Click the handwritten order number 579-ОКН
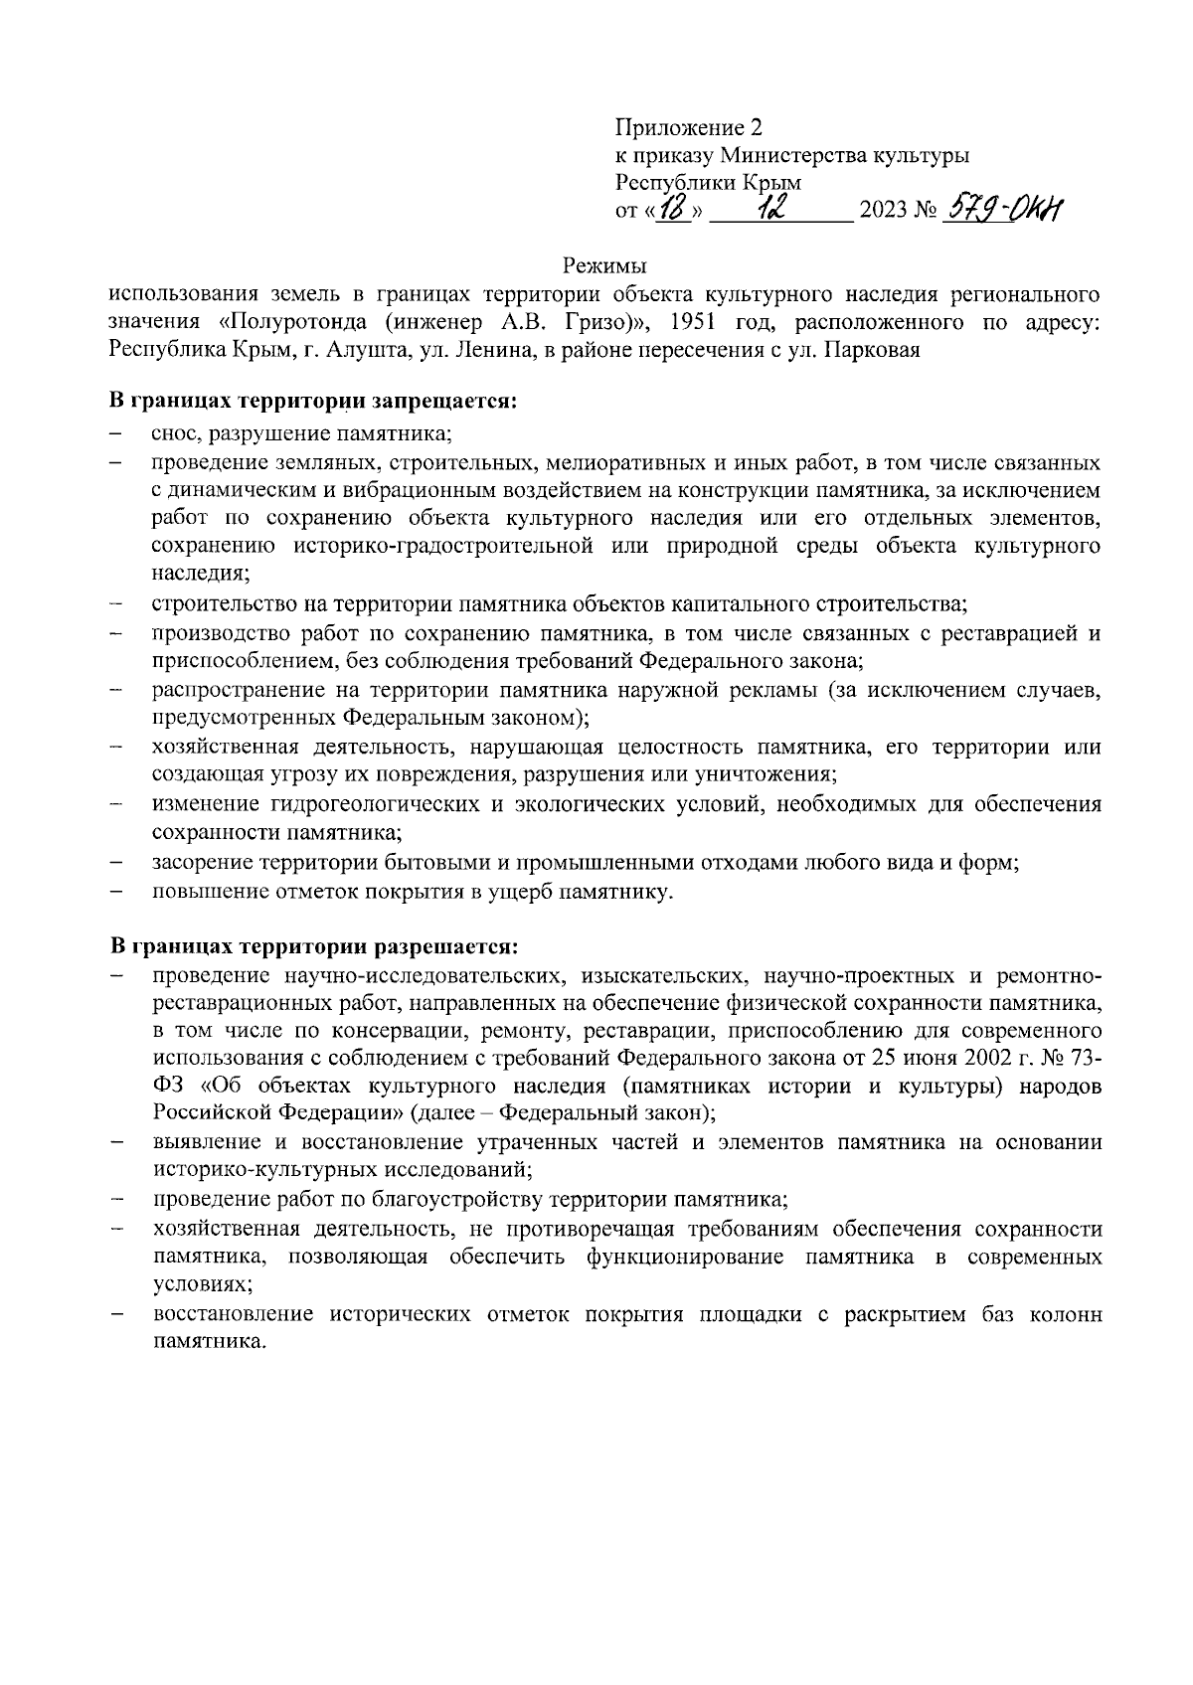[1004, 209]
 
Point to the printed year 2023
[883, 212]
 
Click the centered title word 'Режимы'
[604, 266]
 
